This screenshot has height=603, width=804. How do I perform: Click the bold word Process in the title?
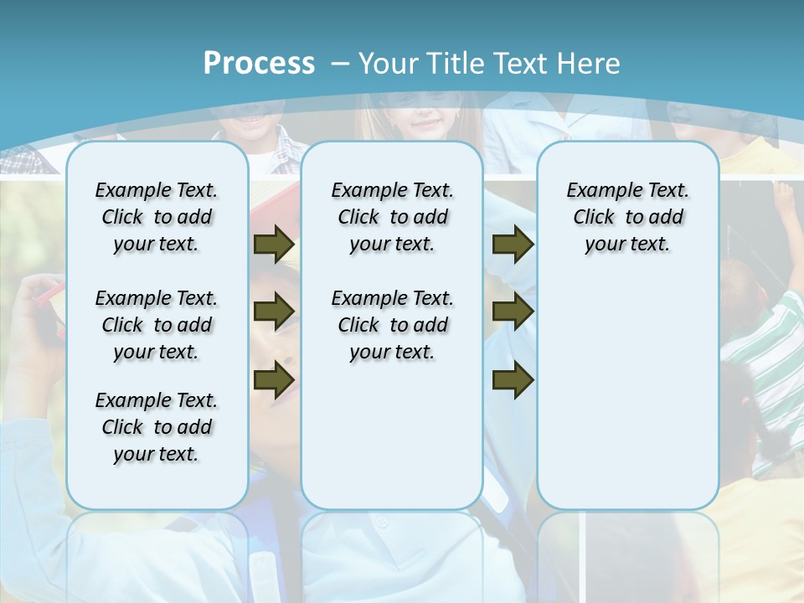coord(259,64)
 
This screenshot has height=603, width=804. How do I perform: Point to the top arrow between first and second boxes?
coord(274,245)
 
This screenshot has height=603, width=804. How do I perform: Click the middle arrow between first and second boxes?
coord(274,312)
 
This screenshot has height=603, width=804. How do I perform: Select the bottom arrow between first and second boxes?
coord(274,379)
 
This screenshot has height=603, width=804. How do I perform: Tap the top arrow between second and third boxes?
coord(513,245)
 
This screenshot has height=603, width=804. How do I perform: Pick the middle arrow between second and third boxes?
coord(513,312)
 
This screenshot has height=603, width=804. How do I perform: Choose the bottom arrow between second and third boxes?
coord(513,379)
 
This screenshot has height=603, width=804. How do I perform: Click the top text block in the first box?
coord(157,217)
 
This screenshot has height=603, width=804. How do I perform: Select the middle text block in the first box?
coord(157,325)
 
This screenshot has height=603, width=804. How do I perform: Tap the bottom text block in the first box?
coord(157,427)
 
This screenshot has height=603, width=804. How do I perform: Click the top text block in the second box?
coord(392,217)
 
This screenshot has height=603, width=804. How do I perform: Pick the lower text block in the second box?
coord(392,325)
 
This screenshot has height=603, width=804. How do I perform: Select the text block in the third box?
coord(627,217)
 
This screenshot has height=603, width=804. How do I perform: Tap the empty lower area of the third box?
coord(627,402)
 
